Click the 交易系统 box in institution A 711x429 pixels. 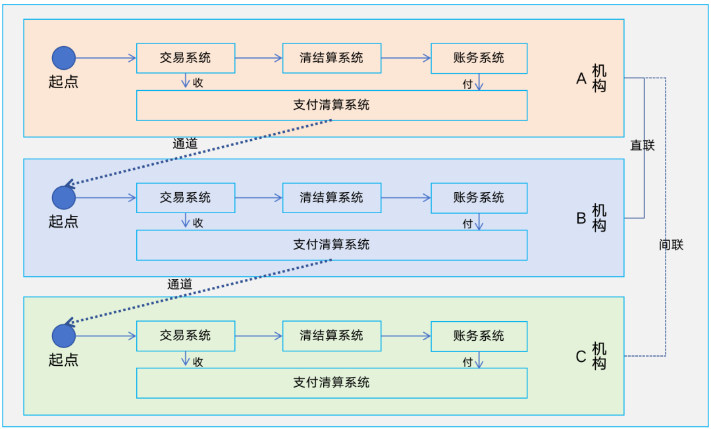[186, 58]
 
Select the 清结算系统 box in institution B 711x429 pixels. [331, 198]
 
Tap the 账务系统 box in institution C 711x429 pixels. [479, 336]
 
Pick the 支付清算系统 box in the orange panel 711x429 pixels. [331, 105]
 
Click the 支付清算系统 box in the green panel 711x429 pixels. [331, 383]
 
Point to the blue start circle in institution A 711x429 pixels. [64, 58]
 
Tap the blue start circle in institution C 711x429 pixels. [64, 336]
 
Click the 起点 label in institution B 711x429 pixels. [63, 222]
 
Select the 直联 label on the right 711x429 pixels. [643, 145]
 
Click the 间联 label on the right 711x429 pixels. [671, 245]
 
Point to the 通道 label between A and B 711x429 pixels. [185, 143]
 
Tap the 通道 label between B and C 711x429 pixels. [180, 284]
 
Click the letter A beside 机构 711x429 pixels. [581, 79]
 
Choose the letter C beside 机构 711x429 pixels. [581, 357]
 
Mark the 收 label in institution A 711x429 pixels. [197, 83]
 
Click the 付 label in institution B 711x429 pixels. [467, 224]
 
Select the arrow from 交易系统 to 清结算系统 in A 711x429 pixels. [259, 58]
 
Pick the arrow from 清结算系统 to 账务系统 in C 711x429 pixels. [406, 336]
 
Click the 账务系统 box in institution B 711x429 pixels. [479, 198]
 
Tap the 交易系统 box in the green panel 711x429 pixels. [186, 336]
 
